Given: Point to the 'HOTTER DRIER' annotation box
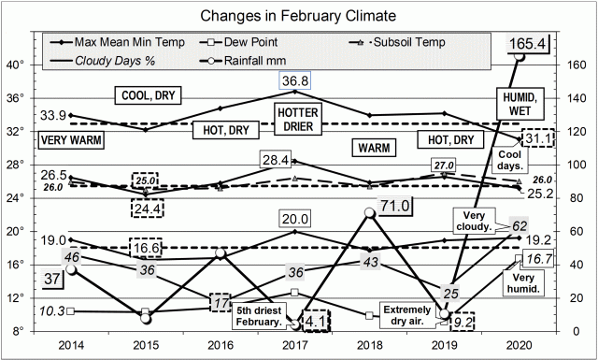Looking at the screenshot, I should coord(298,119).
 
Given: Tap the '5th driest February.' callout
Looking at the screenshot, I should coord(259,316).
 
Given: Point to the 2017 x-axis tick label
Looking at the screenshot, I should coord(295,344).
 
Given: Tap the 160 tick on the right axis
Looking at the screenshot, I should coord(572,65).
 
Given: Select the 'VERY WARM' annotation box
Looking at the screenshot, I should coord(71,139).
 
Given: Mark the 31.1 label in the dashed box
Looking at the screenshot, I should coord(535,137).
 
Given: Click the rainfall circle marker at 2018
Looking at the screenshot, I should coord(369,213).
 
